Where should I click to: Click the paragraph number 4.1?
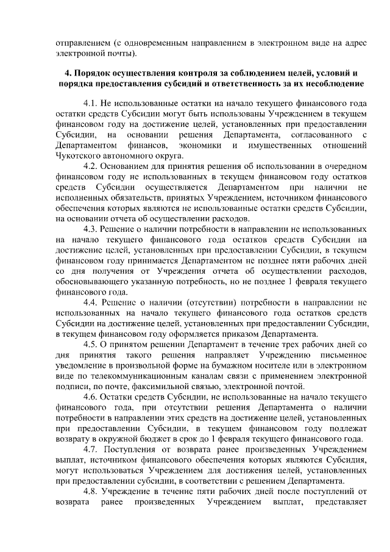click(91, 104)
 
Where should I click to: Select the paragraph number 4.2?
click(91, 167)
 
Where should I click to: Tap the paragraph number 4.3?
click(91, 229)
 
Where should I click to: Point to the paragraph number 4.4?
click(91, 302)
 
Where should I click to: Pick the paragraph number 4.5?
click(91, 344)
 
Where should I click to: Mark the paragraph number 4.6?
click(91, 396)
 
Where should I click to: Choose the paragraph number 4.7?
click(91, 449)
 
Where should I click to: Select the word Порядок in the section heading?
click(97, 73)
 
